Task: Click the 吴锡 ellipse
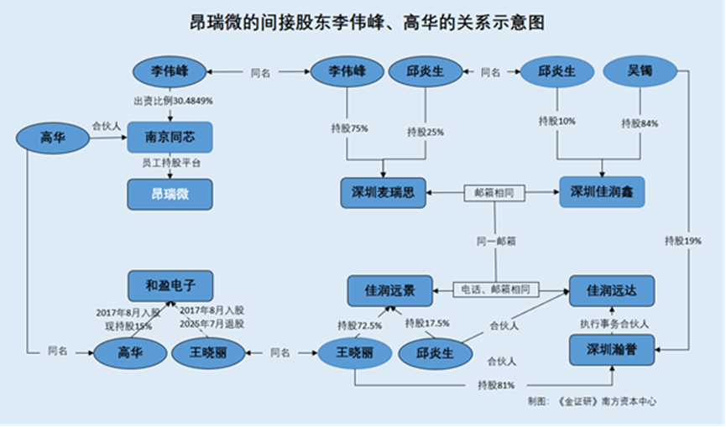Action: (x=640, y=72)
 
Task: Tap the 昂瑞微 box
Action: (x=171, y=195)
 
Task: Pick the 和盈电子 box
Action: (x=171, y=284)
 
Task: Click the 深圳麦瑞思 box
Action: (x=383, y=192)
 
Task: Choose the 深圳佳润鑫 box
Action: (x=602, y=192)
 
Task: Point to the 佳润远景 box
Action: (x=390, y=289)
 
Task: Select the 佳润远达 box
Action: (x=611, y=289)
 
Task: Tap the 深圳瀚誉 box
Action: (x=611, y=350)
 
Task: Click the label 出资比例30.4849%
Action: (x=173, y=101)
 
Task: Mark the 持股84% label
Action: (x=640, y=123)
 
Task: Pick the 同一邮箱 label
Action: (x=495, y=241)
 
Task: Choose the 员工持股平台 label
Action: (x=171, y=162)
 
